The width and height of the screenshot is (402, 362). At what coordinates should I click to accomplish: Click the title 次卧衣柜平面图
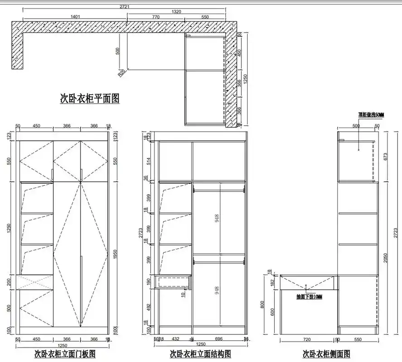click(x=90, y=99)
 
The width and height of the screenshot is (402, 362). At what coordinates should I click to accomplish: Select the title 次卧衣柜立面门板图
click(x=65, y=353)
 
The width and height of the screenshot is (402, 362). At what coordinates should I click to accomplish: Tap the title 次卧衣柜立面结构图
click(x=201, y=353)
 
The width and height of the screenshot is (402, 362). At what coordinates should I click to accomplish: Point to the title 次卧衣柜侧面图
click(x=326, y=353)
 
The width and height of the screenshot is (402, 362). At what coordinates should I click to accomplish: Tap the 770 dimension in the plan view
click(x=156, y=17)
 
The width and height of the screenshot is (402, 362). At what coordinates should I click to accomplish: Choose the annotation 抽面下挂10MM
click(x=309, y=297)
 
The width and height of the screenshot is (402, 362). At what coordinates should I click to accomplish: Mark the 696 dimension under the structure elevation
click(x=219, y=338)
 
